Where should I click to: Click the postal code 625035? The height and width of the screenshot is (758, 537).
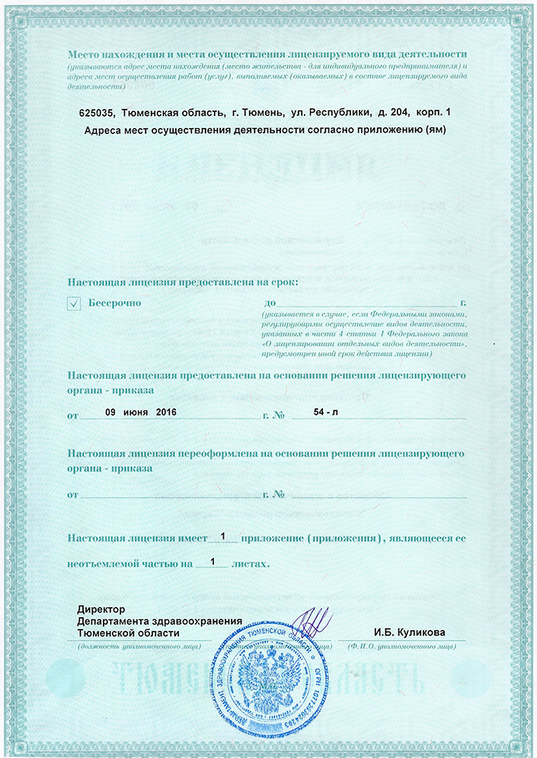tap(96, 113)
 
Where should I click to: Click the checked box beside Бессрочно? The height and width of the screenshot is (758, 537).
tap(74, 304)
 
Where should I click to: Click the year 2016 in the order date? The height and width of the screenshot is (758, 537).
tap(165, 411)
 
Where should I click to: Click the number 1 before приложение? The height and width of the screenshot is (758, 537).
tap(223, 537)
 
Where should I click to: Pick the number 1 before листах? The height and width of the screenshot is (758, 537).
tap(213, 563)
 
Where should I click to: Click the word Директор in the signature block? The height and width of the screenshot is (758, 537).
tap(100, 609)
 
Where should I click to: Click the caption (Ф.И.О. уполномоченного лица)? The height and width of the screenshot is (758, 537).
tap(401, 647)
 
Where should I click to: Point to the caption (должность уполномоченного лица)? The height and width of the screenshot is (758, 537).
tap(140, 647)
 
